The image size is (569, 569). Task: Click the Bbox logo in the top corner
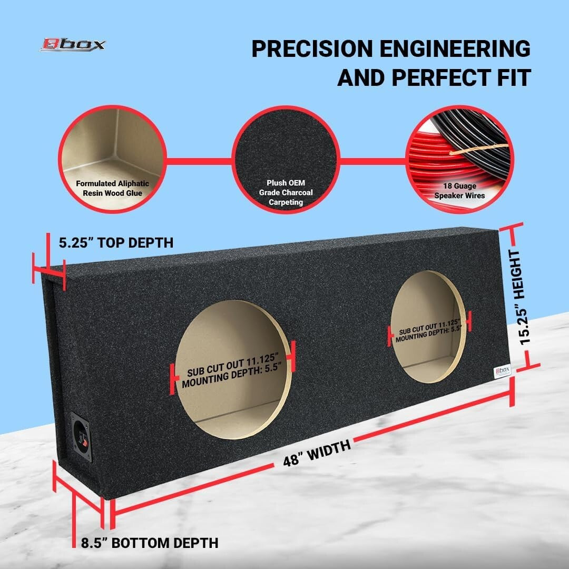(73, 45)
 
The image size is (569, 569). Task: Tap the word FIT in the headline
(514, 77)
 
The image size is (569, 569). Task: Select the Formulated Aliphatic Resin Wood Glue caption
(113, 188)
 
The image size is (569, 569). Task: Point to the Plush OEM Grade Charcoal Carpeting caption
(286, 192)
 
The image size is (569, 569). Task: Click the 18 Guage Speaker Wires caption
(459, 191)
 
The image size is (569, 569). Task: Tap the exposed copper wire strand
(479, 149)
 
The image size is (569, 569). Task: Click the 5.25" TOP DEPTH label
(116, 242)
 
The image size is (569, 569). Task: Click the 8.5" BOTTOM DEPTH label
(150, 543)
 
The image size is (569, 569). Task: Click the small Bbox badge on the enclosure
(502, 371)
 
